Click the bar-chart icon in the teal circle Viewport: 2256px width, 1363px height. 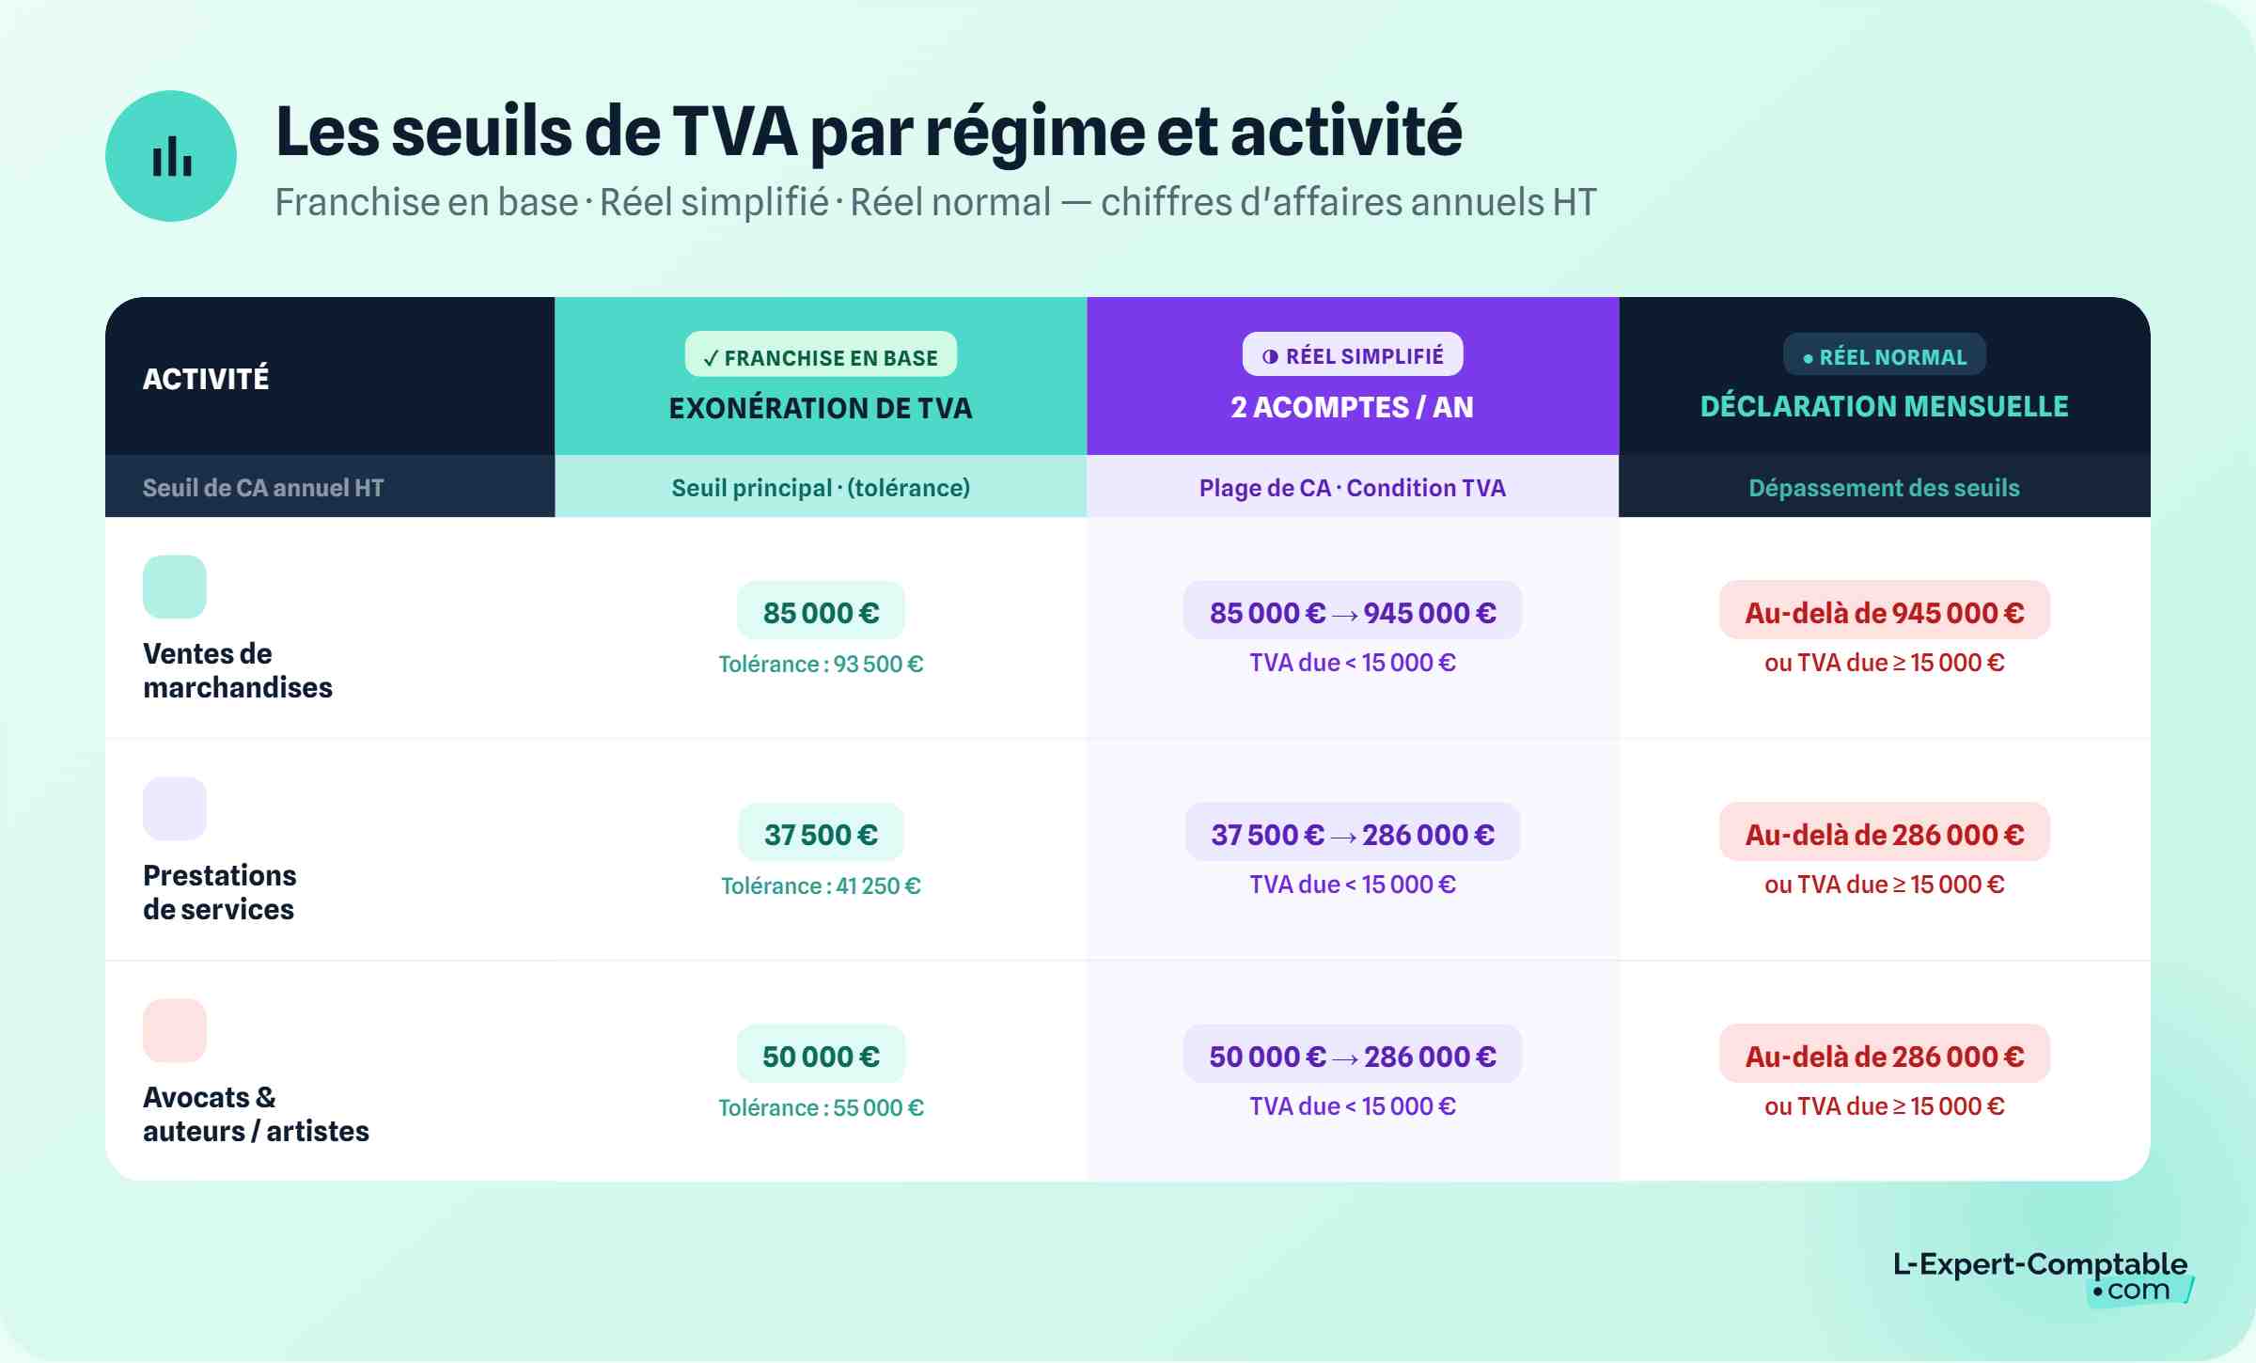click(x=171, y=156)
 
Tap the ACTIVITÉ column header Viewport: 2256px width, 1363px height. click(x=206, y=378)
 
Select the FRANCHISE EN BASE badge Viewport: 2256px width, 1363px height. click(x=821, y=357)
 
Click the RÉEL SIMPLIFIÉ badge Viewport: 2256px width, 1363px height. click(x=1352, y=355)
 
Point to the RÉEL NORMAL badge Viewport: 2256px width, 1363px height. click(x=1884, y=356)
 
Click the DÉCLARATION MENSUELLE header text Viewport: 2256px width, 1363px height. click(x=1884, y=406)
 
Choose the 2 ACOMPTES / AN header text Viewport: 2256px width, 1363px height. click(x=1352, y=407)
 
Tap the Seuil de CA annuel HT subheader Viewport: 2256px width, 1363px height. click(x=263, y=488)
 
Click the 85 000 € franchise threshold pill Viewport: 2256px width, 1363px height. click(x=821, y=612)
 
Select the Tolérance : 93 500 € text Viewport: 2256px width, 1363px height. click(x=821, y=664)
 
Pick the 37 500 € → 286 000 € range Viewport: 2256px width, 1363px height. click(x=1352, y=834)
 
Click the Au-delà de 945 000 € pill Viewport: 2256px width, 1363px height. click(x=1884, y=612)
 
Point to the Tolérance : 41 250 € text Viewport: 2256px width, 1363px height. click(x=821, y=885)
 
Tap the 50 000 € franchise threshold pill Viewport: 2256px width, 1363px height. click(x=821, y=1056)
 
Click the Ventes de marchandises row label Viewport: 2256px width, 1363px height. click(x=237, y=670)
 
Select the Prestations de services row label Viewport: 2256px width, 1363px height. click(x=219, y=892)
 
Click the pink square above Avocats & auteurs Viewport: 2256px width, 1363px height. click(x=175, y=1030)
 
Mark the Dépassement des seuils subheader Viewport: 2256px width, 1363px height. click(x=1884, y=488)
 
